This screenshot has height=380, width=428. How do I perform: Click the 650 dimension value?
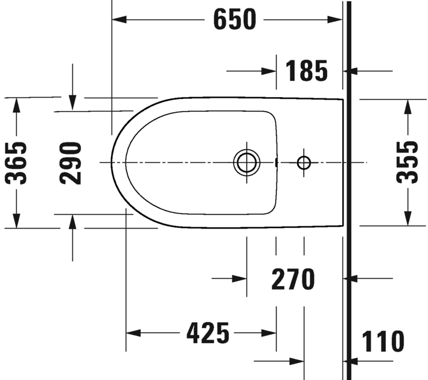[x=234, y=20]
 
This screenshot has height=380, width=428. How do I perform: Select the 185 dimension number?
[x=306, y=71]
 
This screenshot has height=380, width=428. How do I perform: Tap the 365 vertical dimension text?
[x=16, y=163]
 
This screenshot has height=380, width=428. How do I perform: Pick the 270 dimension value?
[x=293, y=279]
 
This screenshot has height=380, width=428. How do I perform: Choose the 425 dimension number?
[x=208, y=332]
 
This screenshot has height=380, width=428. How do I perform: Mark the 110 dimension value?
[x=383, y=342]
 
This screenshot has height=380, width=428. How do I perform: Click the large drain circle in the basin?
[x=246, y=163]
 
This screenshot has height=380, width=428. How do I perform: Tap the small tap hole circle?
[x=304, y=162]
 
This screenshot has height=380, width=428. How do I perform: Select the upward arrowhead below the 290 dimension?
[x=72, y=221]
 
